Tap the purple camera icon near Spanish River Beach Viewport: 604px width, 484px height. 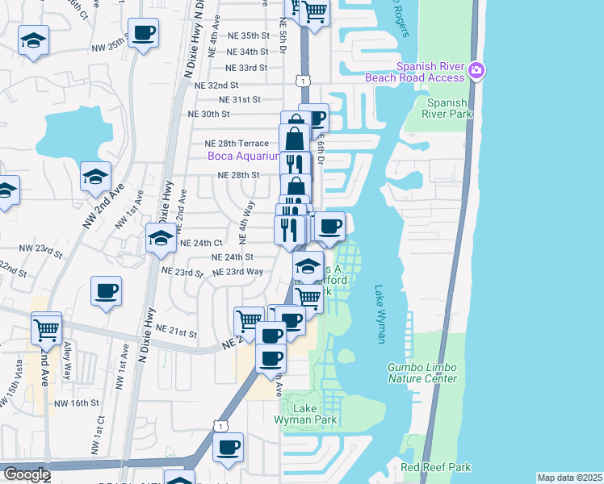[x=477, y=70]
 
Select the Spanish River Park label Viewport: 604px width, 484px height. [x=447, y=108]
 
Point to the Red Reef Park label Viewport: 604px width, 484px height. [x=435, y=467]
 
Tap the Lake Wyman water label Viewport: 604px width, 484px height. [x=380, y=314]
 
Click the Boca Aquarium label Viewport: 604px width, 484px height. [x=243, y=156]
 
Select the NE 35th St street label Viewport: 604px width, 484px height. [x=249, y=35]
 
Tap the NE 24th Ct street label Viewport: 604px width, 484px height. [x=200, y=243]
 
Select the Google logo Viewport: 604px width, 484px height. [x=26, y=474]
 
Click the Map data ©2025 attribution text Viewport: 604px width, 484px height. [x=569, y=478]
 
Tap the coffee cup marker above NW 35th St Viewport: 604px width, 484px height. [x=143, y=34]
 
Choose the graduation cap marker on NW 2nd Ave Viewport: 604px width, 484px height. [x=95, y=176]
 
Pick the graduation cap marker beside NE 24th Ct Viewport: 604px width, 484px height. [x=160, y=238]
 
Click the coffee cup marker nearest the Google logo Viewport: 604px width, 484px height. [x=228, y=446]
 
